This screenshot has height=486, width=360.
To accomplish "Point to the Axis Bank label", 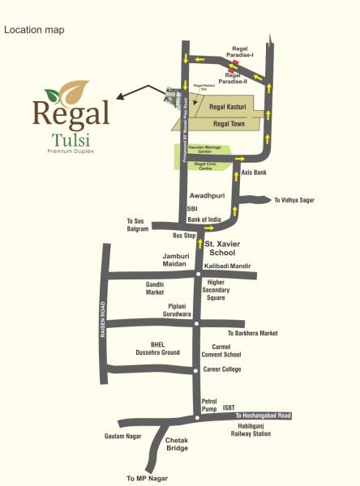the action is [255, 173].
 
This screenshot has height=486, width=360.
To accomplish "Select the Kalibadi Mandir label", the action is [228, 266].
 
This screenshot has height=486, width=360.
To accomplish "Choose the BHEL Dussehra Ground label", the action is [159, 348].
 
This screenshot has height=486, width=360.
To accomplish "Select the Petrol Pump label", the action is [210, 404].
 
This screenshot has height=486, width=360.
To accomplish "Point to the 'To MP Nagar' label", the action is [145, 479].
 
